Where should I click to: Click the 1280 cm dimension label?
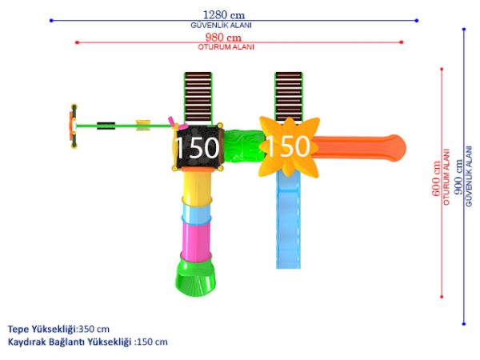[x=224, y=14]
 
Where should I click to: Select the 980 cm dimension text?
[x=223, y=37]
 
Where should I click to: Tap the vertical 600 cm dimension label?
[x=436, y=178]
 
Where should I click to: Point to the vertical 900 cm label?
[x=458, y=177]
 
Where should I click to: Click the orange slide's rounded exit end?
[x=397, y=148]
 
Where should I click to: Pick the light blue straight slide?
[x=288, y=220]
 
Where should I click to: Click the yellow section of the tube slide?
[x=197, y=186]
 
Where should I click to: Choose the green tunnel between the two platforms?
[x=243, y=146]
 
